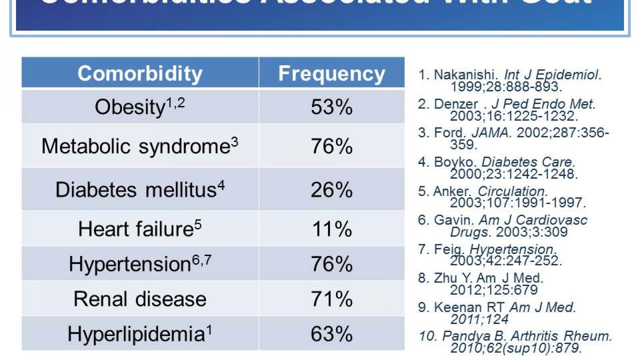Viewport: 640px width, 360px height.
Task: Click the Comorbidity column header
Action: pyautogui.click(x=140, y=74)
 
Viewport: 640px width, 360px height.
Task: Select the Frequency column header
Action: pyautogui.click(x=332, y=74)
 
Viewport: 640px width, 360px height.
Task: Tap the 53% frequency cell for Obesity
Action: pyautogui.click(x=332, y=107)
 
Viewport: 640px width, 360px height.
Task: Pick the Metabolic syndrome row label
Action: pyautogui.click(x=136, y=146)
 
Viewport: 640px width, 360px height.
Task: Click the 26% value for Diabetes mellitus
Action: pyautogui.click(x=332, y=190)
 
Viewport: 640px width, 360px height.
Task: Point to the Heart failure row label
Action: pyautogui.click(x=136, y=229)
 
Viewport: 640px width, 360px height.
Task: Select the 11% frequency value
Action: pyautogui.click(x=332, y=229)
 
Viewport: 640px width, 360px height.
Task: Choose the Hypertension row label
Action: pyautogui.click(x=130, y=264)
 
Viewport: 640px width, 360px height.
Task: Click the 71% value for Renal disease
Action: pyautogui.click(x=332, y=299)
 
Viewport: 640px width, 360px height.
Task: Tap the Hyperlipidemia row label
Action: pyautogui.click(x=136, y=334)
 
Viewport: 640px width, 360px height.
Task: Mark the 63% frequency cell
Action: pyautogui.click(x=332, y=334)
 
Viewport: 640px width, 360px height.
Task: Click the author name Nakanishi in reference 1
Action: pyautogui.click(x=465, y=75)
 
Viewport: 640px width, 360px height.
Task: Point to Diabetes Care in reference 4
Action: pyautogui.click(x=528, y=162)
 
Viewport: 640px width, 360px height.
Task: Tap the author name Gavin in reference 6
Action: pyautogui.click(x=453, y=220)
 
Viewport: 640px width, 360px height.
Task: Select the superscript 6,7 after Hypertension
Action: pyautogui.click(x=202, y=260)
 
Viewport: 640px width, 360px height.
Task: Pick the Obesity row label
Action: pyautogui.click(x=130, y=107)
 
